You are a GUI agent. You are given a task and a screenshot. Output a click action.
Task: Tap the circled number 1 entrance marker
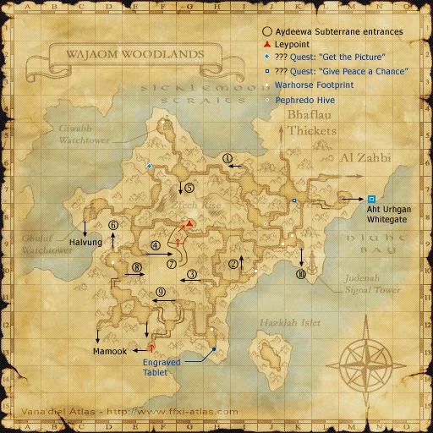point(227,157)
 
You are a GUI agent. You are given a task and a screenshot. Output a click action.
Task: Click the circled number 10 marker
point(300,274)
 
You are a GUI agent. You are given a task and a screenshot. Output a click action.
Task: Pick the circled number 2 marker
point(233,263)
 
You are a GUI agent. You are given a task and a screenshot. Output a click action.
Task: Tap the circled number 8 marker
point(136,268)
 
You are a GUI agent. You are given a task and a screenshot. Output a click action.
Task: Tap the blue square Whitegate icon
point(372,199)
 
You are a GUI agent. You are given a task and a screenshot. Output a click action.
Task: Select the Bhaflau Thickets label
point(312,124)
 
